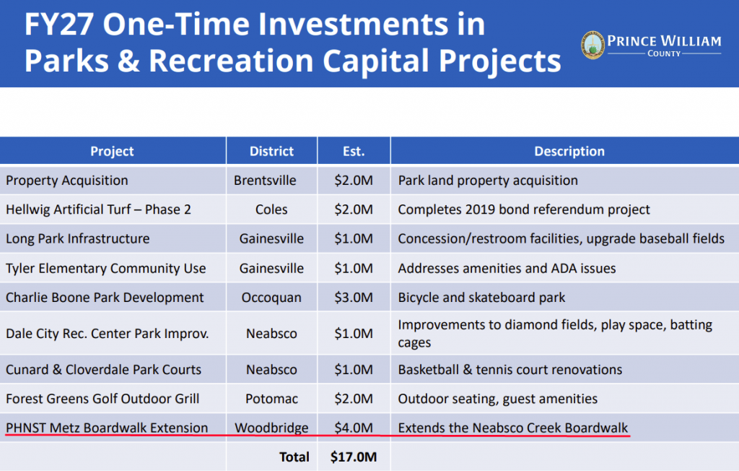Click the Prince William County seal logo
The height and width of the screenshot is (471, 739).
pos(592,46)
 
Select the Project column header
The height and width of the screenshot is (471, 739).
pos(112,151)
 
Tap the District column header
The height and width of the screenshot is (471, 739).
pos(271,151)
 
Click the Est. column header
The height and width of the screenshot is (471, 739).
pos(354,151)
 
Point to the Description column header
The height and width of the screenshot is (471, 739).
pos(569,151)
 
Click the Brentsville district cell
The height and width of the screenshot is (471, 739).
pos(265,181)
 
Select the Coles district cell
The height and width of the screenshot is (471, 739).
pos(271,209)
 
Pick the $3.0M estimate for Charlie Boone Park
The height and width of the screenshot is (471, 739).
pos(354,298)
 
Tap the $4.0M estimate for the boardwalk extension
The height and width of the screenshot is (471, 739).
pos(354,428)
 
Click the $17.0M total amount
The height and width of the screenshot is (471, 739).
pos(354,457)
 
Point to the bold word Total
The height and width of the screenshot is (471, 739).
pos(294,457)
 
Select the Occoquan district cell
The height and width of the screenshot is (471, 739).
pos(271,298)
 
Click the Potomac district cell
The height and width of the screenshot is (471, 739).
pos(271,399)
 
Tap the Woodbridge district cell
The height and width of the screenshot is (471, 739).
pos(271,428)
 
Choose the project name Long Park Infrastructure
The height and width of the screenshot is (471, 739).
pos(78,239)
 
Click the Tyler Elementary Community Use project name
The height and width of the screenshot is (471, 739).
pos(106,269)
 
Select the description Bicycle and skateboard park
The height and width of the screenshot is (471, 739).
pos(481,298)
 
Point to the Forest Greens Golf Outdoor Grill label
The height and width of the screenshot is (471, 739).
pos(102,399)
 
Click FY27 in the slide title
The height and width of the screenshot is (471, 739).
pos(59,25)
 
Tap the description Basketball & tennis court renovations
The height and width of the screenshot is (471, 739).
pos(510,370)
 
